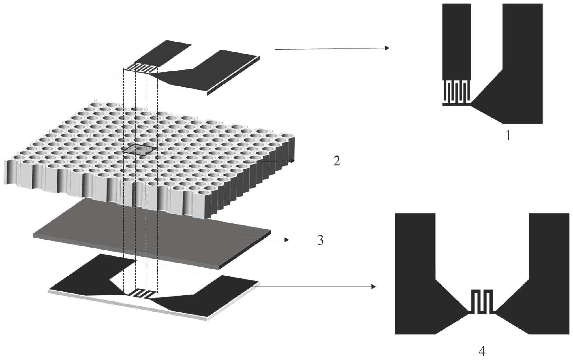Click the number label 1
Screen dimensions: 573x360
pyautogui.click(x=508, y=136)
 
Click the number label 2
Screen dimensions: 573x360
pyautogui.click(x=337, y=161)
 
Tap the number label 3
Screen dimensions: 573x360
pyautogui.click(x=320, y=240)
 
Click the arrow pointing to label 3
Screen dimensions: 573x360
pyautogui.click(x=265, y=240)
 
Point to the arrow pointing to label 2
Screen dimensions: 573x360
pyautogui.click(x=270, y=162)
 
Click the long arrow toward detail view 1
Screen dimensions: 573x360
pyautogui.click(x=332, y=49)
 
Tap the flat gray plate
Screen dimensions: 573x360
pyautogui.click(x=152, y=233)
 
